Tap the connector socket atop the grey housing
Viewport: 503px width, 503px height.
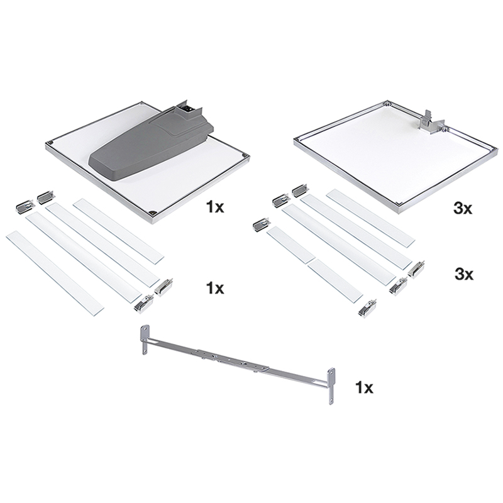tap(187, 111)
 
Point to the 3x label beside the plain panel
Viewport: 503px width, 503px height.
tap(463, 209)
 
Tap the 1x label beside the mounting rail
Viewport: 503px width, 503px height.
tap(364, 388)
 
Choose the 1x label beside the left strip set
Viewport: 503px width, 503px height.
tap(215, 289)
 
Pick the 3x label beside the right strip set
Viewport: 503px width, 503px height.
tap(464, 275)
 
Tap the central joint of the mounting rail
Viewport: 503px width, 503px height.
tap(231, 360)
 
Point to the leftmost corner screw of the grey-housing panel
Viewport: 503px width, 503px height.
tap(51, 143)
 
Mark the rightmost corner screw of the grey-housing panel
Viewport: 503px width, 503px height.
tap(246, 156)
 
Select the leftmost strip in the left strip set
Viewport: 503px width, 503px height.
tap(55, 273)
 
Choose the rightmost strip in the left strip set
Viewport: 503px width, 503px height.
tap(119, 231)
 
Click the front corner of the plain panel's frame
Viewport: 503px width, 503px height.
tap(399, 206)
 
